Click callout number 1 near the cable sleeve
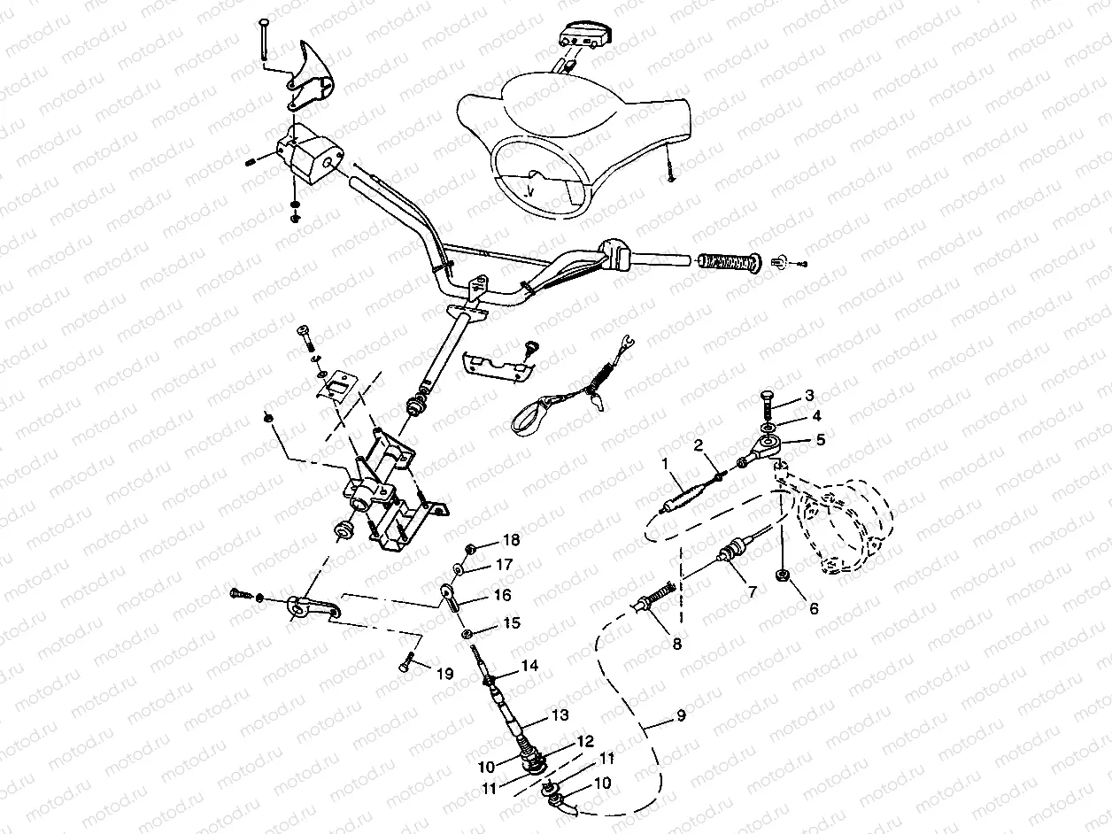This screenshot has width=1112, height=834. point(667,462)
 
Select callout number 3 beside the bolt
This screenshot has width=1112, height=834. point(809,394)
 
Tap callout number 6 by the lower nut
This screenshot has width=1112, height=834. point(814,608)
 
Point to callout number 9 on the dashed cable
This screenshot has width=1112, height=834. point(680,716)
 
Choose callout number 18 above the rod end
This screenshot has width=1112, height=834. point(512,540)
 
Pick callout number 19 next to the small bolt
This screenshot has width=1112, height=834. point(444,674)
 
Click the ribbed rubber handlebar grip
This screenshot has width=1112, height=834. point(729,262)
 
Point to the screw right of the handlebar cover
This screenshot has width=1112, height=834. point(671,170)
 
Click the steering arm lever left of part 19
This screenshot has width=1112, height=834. point(310,608)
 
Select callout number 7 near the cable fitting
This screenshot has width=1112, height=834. point(752,591)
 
